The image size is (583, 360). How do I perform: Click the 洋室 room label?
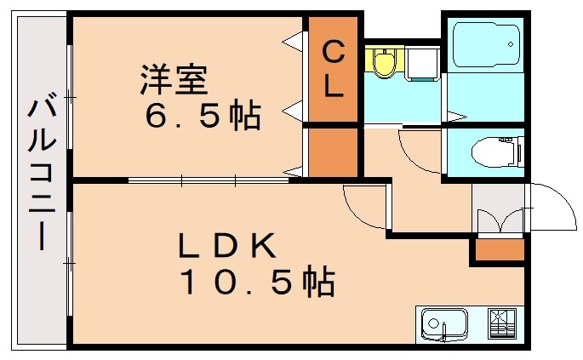pos(174,81)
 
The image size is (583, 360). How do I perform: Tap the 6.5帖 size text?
pos(202,117)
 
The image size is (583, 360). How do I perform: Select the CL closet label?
pos(333,69)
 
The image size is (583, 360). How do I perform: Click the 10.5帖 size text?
pos(255,281)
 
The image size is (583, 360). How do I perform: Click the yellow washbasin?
pos(385,63)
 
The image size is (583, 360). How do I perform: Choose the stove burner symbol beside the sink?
pos(501,323)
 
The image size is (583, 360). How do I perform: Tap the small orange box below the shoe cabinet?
pos(500,249)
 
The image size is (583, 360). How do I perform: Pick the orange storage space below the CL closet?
pos(333,151)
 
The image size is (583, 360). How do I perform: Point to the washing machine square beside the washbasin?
pos(420,63)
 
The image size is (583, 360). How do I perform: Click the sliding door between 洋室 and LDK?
pos(209,180)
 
